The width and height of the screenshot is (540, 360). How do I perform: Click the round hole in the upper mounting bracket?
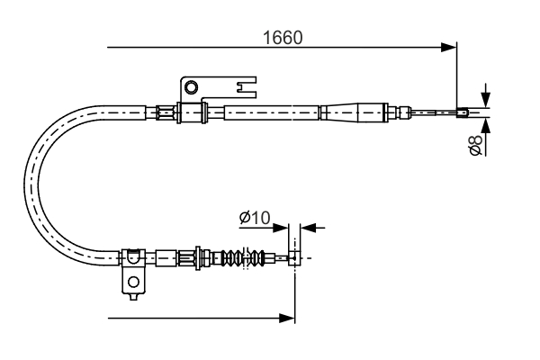190,87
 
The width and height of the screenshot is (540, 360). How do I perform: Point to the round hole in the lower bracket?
134,282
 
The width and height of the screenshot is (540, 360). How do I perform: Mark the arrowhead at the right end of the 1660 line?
450,47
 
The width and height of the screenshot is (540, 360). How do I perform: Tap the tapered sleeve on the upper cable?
346,112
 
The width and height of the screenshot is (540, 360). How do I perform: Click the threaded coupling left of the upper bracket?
164,112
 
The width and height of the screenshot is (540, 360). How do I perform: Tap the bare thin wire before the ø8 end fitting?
432,112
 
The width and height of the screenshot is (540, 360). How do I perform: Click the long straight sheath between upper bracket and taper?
270,112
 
